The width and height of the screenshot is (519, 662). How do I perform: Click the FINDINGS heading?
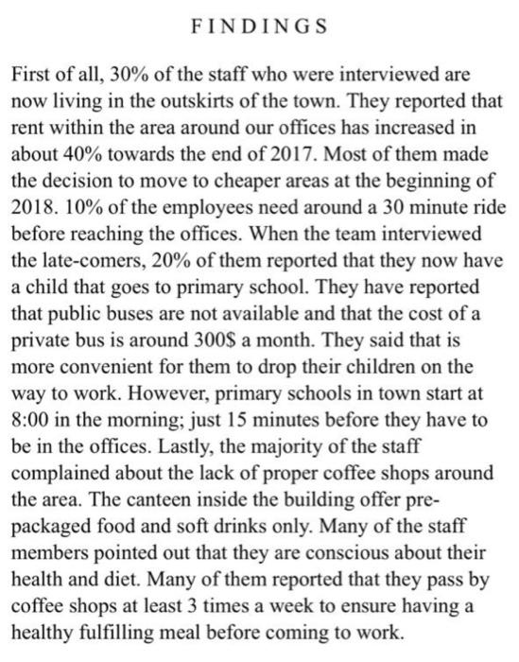[x=258, y=26]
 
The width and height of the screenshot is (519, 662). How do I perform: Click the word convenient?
[x=94, y=351]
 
